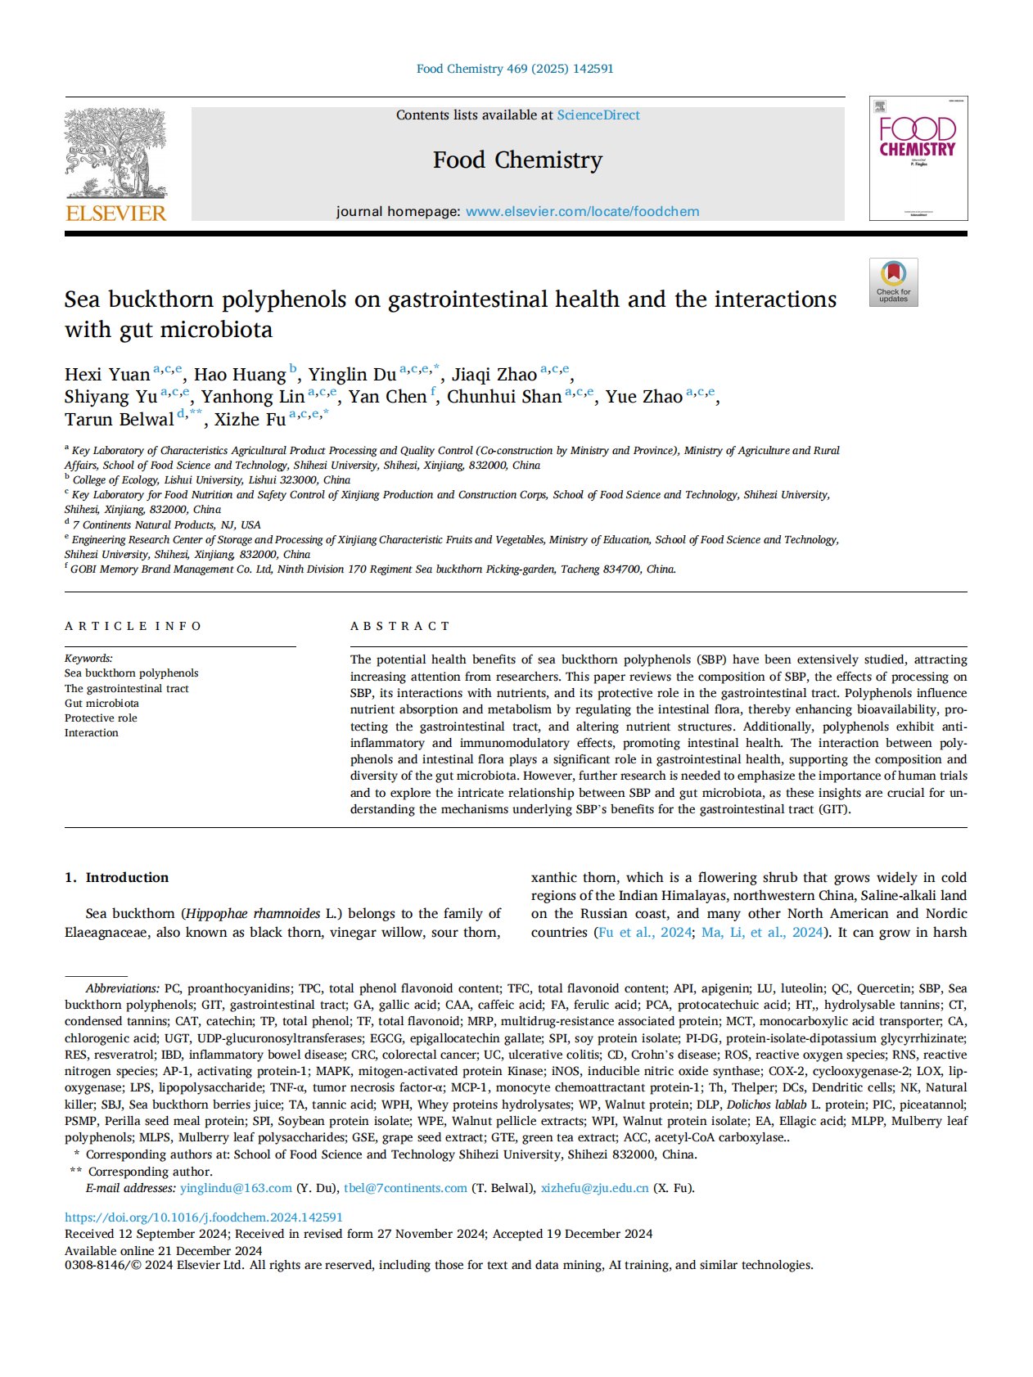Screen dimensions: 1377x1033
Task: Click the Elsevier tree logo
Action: pos(115,153)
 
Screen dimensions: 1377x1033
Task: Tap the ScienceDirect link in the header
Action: pos(598,115)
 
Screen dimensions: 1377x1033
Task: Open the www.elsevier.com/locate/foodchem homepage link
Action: pos(582,212)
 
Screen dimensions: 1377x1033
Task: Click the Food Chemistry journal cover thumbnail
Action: pos(918,159)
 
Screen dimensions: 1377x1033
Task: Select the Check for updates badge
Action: pos(893,282)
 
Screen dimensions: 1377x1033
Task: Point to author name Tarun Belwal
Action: pos(120,420)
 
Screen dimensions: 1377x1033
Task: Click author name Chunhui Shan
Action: pos(504,397)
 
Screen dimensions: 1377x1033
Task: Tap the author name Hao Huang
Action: pos(240,375)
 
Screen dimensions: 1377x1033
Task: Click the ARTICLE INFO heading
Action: pos(133,626)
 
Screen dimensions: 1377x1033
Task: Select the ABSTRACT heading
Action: pos(400,626)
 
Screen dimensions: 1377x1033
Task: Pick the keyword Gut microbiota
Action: pos(101,703)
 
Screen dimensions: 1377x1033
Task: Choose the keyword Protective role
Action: pos(101,718)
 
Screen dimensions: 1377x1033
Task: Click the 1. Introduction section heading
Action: pos(117,877)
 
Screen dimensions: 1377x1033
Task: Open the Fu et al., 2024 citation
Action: pos(645,932)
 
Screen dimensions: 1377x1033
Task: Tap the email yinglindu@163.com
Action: pos(236,1188)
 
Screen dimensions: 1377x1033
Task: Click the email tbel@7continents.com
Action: pos(405,1188)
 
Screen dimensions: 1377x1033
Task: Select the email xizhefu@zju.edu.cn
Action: pos(594,1188)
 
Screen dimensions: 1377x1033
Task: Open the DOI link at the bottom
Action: pos(204,1217)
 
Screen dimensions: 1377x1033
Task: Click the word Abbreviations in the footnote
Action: pos(122,988)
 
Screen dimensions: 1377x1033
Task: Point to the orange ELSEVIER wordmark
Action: pos(115,214)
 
